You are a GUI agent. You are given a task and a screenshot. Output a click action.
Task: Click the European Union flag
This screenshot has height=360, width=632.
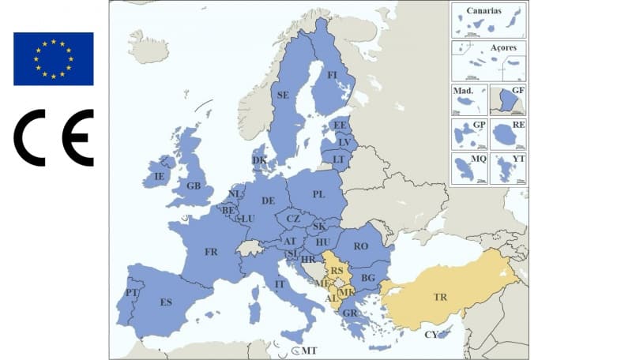click(53, 58)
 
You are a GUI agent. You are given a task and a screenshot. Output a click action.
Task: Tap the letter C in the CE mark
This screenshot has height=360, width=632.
click(30, 137)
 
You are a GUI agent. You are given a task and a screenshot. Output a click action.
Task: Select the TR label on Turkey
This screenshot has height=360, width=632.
click(439, 298)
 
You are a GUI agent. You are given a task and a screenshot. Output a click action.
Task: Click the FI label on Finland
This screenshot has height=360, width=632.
click(333, 75)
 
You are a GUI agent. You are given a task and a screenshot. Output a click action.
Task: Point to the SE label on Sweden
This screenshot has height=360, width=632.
click(282, 95)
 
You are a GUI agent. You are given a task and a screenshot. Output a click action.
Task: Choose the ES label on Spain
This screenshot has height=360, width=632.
click(166, 302)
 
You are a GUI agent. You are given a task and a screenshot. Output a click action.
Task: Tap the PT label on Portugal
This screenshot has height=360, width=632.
click(130, 293)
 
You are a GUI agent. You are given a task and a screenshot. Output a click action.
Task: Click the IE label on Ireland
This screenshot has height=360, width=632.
click(159, 176)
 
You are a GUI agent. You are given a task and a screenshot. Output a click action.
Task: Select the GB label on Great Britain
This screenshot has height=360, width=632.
click(194, 186)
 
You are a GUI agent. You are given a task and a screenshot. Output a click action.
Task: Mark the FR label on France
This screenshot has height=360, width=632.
click(211, 253)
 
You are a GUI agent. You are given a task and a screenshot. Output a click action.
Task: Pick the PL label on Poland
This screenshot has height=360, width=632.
click(318, 194)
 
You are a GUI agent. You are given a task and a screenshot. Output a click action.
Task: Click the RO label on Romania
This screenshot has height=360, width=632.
click(361, 246)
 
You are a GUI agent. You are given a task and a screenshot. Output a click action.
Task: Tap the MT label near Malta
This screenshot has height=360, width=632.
click(309, 351)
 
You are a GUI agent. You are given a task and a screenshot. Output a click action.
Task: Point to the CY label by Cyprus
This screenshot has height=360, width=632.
click(431, 335)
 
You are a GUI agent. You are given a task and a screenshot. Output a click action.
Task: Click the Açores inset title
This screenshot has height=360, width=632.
click(503, 48)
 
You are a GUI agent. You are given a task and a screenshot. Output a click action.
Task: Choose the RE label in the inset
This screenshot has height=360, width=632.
click(518, 125)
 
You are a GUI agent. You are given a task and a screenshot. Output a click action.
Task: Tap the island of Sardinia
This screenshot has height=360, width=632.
click(254, 304)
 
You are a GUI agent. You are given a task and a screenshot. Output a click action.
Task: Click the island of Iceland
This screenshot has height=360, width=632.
click(148, 47)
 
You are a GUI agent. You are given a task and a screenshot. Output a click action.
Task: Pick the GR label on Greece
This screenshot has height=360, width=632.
click(350, 313)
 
